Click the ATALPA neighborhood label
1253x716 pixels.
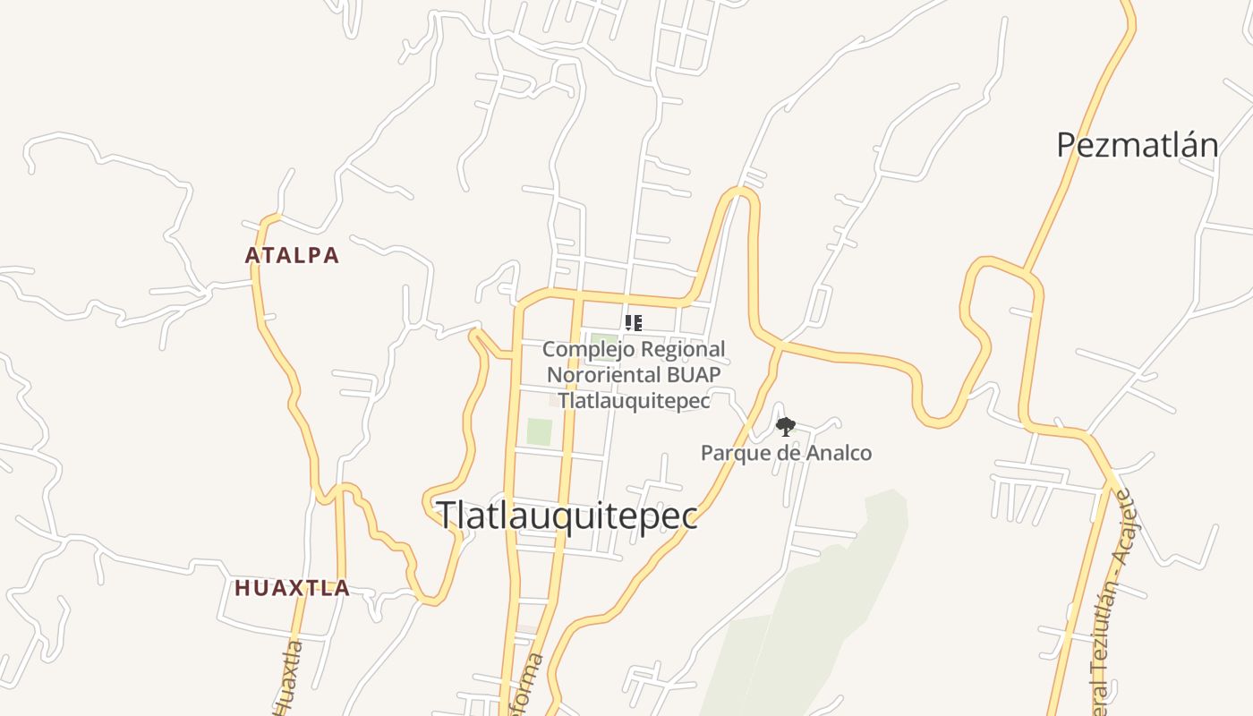coord(292,255)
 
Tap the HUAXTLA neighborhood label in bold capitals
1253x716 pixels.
coord(292,588)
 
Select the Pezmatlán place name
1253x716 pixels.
coord(1137,145)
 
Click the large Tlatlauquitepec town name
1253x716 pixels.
coord(567,516)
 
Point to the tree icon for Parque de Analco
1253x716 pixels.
coord(785,427)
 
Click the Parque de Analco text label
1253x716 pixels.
coord(786,453)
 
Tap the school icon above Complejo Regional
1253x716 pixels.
coord(633,323)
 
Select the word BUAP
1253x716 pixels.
coord(690,374)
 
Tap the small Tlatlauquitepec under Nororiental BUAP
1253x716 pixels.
coord(634,400)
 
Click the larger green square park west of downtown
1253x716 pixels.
coord(539,431)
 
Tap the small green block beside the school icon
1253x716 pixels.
coord(602,340)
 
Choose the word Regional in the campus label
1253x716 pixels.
coord(684,349)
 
